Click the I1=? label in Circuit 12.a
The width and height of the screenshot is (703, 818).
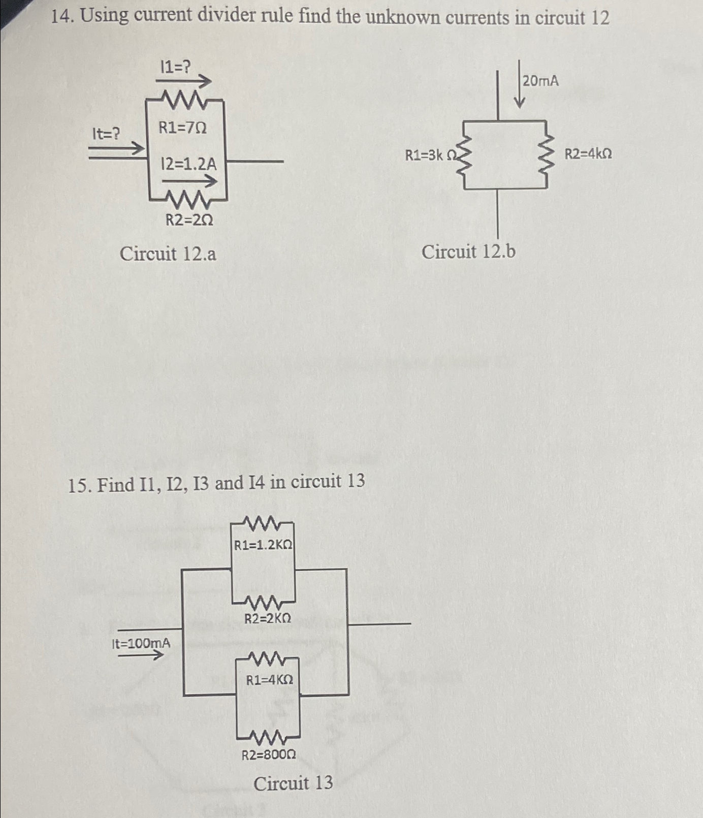175,67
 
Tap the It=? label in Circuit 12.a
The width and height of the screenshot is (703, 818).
106,134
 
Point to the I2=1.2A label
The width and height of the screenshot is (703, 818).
188,164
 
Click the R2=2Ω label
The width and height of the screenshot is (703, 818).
189,220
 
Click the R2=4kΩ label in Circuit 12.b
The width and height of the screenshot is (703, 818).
588,153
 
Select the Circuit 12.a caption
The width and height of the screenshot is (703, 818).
168,254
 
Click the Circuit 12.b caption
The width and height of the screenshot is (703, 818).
468,251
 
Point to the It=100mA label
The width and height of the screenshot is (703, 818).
141,643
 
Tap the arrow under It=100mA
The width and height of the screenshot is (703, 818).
141,655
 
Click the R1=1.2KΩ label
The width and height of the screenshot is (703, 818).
263,545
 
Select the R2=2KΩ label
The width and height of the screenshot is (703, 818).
268,618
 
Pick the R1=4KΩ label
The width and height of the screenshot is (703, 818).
269,680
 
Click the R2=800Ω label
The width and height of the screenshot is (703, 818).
268,754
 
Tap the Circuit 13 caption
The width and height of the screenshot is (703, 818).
293,783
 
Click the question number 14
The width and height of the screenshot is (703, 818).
62,17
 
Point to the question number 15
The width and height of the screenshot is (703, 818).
79,486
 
